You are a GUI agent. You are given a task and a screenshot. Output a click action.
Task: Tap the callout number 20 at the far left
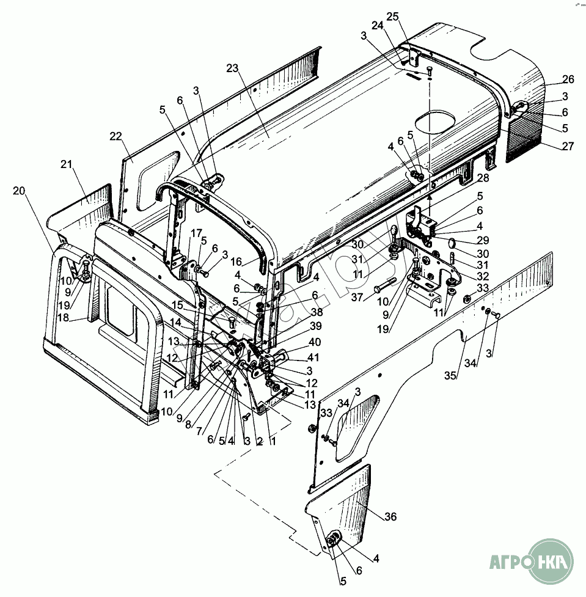pos(19,191)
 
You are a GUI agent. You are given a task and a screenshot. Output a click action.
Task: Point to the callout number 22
pos(116,136)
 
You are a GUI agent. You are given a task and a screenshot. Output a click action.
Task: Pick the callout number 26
pos(568,79)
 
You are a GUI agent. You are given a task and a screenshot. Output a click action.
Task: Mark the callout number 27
pos(568,145)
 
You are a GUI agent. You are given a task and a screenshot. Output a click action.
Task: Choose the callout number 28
pos(483,178)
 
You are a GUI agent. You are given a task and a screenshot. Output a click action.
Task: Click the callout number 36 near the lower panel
pos(390,517)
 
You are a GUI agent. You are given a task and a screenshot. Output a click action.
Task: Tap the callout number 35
pos(450,376)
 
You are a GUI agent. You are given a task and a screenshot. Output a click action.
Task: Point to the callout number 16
pos(236,261)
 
